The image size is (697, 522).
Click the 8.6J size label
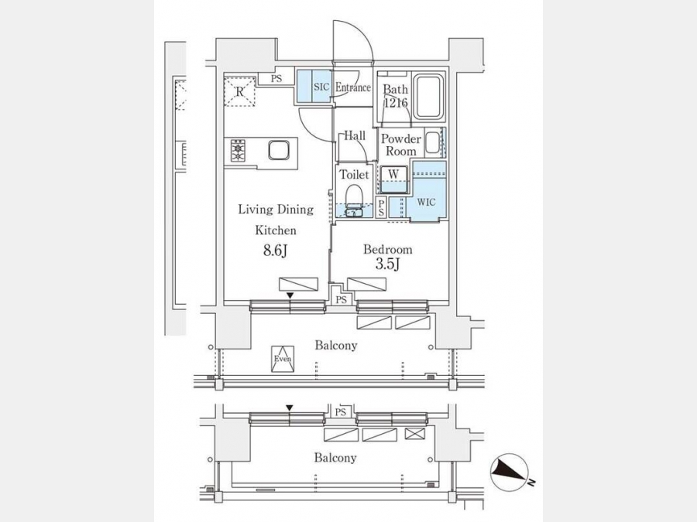(275, 251)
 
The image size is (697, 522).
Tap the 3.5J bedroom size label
(388, 264)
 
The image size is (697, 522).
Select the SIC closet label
(321, 87)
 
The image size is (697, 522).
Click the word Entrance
(353, 87)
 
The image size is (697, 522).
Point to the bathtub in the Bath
(428, 97)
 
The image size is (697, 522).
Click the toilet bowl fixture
(354, 196)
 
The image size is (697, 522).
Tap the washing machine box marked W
(393, 179)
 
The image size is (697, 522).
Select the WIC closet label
(426, 203)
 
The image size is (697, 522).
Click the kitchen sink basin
(279, 150)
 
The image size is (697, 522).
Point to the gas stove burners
(239, 151)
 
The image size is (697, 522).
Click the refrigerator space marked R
(239, 92)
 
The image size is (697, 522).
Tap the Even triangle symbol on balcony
(283, 359)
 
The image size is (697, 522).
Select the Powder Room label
(401, 145)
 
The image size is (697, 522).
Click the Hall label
(355, 136)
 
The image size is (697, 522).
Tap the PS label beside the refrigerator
(276, 79)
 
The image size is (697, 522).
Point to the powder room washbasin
(432, 143)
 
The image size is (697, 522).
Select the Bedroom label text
(388, 250)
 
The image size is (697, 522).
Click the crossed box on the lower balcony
(415, 434)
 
